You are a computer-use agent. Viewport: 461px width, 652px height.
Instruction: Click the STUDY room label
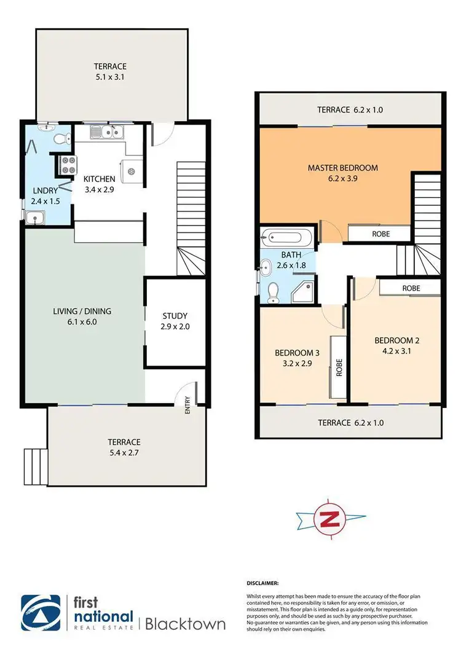175,316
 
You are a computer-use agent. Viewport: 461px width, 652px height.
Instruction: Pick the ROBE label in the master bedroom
379,234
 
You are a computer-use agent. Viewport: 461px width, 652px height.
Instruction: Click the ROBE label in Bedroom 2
411,288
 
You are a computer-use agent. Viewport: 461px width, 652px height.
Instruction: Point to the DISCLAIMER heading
263,582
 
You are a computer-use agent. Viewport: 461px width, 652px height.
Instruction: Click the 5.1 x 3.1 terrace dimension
110,77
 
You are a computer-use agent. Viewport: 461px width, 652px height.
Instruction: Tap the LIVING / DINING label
82,311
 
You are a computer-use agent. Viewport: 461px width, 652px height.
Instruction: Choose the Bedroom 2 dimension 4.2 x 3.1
396,352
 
